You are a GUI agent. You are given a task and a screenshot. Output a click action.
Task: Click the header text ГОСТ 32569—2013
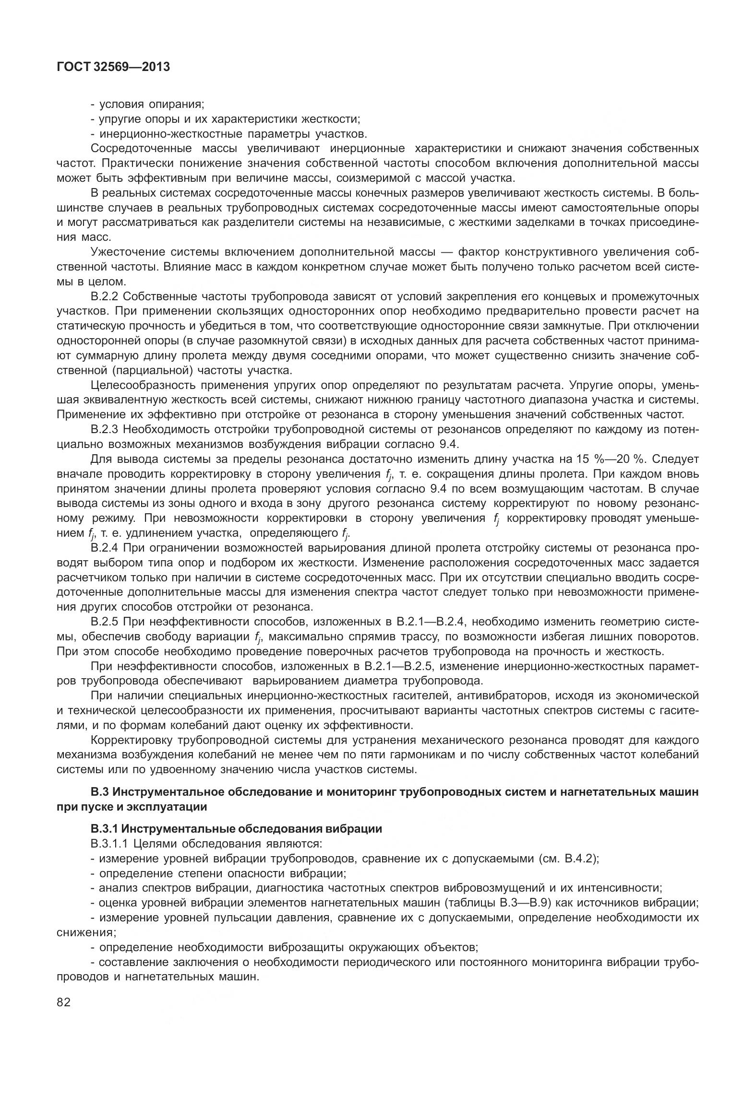point(113,67)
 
